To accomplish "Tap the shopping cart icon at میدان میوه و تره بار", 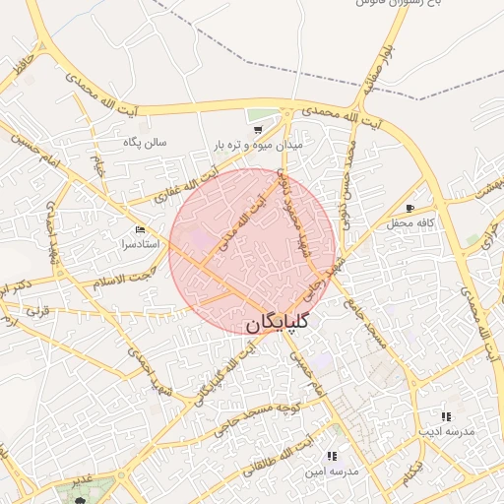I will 258,129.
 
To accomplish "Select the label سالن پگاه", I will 145,142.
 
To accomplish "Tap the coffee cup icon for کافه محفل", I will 409,208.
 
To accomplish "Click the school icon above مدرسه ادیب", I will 446,416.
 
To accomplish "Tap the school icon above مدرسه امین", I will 331,456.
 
